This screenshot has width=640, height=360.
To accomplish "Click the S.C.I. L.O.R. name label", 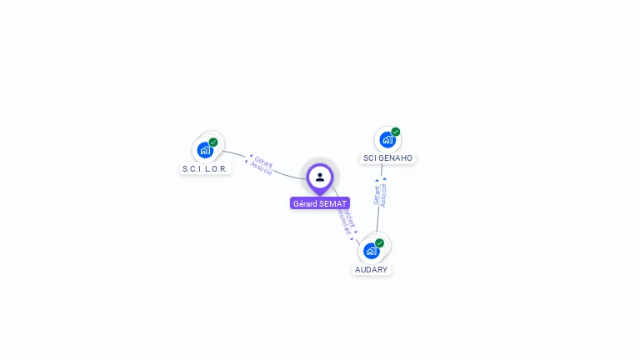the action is (x=204, y=168).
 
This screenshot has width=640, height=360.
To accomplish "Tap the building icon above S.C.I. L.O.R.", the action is (x=204, y=150).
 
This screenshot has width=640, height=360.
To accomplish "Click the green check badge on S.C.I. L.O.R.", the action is (x=213, y=142).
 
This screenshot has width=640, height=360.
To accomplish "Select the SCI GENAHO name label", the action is (x=387, y=157).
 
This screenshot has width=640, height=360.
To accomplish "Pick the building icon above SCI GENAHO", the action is (x=387, y=139).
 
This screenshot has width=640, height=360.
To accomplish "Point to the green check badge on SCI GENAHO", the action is (x=396, y=132).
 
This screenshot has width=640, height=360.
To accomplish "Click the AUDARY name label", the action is (x=372, y=269).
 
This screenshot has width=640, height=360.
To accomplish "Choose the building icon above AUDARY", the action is (x=371, y=251).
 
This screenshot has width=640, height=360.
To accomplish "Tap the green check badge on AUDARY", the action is (x=380, y=243).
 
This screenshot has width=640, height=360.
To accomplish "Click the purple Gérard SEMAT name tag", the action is (x=320, y=203).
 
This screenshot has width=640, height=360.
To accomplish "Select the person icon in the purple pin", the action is (x=320, y=177).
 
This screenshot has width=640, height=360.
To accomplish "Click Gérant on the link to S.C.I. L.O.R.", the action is (x=264, y=160).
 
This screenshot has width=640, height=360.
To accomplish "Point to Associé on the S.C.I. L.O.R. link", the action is (x=261, y=167).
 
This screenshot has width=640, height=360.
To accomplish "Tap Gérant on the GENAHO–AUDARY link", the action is (x=377, y=195).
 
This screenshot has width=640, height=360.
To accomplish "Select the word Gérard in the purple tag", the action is (x=306, y=203).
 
